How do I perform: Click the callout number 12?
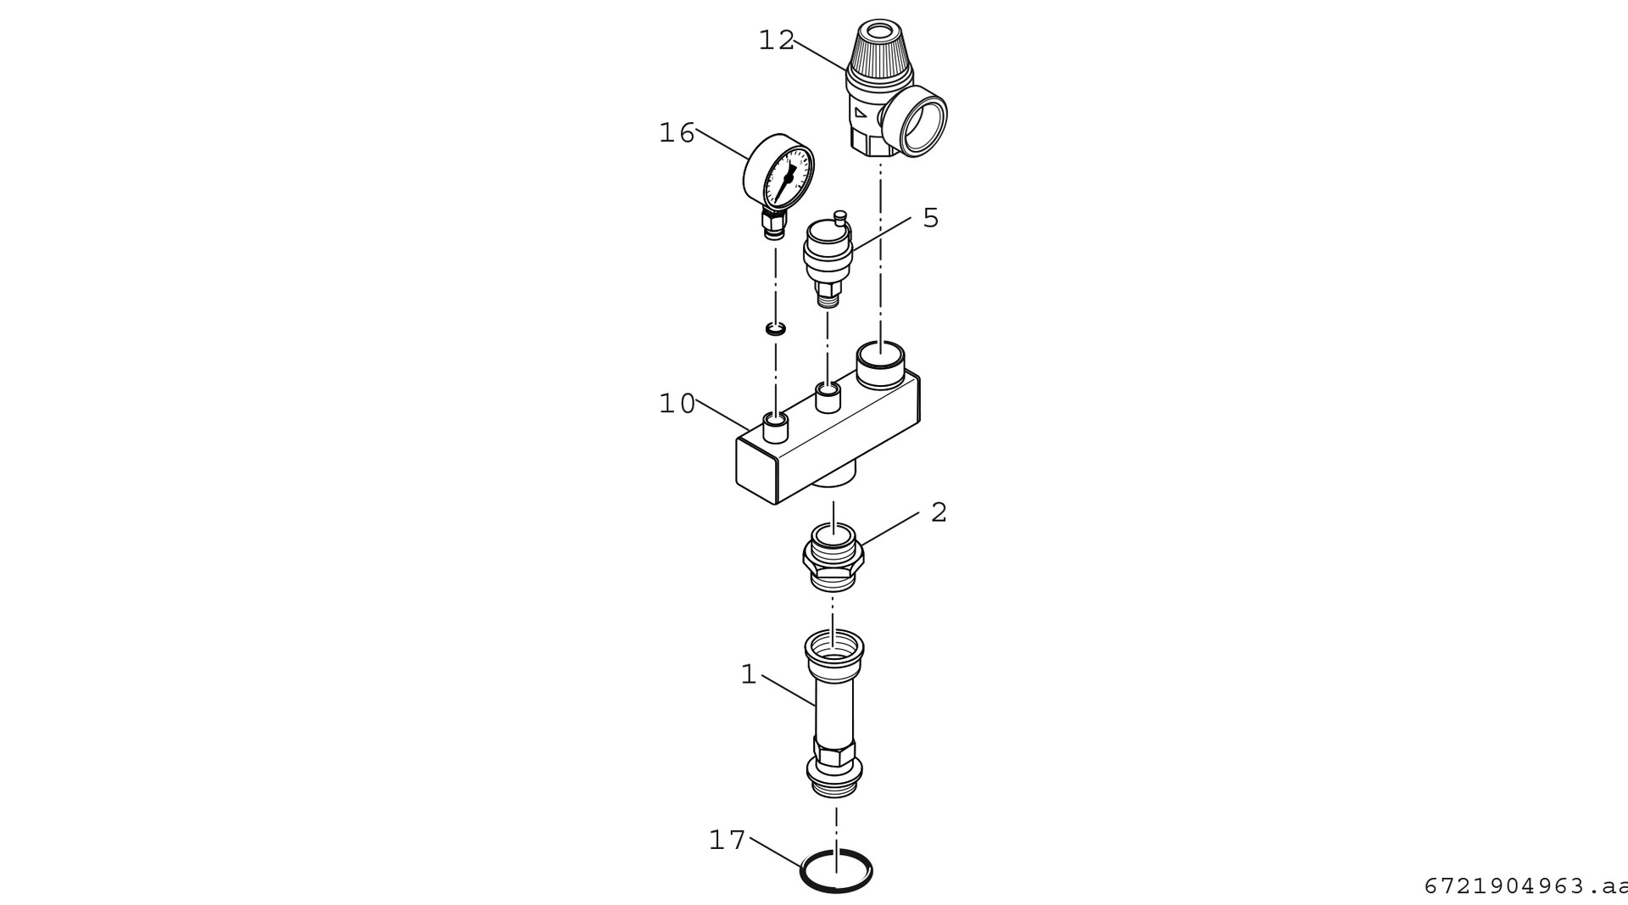click(x=776, y=40)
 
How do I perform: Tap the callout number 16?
click(x=677, y=133)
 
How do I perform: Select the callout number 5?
click(x=930, y=218)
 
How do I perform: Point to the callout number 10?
click(x=677, y=404)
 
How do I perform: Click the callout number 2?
click(x=938, y=512)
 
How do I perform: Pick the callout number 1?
click(x=748, y=675)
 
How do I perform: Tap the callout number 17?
click(x=727, y=841)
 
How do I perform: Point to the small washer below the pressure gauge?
click(x=774, y=327)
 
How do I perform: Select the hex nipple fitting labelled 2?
click(x=834, y=556)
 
